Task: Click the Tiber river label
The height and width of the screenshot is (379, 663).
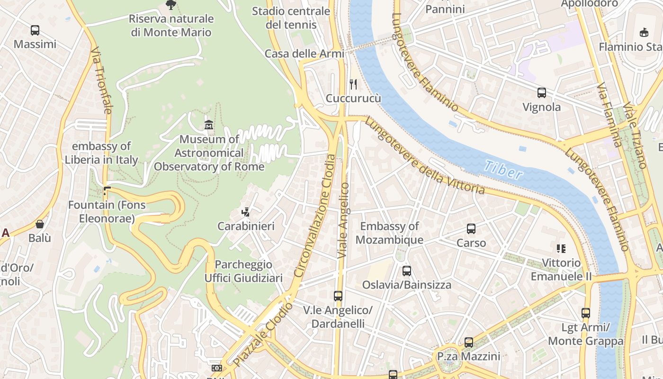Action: point(503,170)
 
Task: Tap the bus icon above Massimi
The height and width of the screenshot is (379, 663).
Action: point(35,30)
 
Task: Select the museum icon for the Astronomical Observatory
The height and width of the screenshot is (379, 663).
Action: point(208,126)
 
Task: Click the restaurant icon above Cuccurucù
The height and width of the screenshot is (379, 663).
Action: point(353,84)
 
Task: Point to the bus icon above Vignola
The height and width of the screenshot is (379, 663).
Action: point(542,93)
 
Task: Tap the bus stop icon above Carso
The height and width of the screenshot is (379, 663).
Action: point(471,229)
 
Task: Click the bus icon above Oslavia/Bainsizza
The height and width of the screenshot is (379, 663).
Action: point(407,271)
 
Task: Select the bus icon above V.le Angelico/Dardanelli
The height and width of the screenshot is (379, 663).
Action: point(338,296)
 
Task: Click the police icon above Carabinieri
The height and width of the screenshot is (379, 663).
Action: point(246,212)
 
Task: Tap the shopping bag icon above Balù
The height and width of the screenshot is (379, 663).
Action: point(40,224)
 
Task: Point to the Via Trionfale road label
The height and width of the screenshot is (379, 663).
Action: point(101,80)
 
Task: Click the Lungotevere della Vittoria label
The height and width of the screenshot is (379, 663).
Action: point(424,156)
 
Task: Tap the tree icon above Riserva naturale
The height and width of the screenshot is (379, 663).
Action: point(171,5)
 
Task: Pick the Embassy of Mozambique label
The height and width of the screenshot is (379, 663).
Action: point(389,233)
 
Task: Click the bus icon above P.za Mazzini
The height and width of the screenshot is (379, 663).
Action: point(469,342)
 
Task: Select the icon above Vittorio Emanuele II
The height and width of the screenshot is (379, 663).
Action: point(561,248)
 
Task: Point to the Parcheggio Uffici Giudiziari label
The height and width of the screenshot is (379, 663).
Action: point(243,271)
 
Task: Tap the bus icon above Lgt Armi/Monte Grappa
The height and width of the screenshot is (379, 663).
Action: point(586,313)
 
